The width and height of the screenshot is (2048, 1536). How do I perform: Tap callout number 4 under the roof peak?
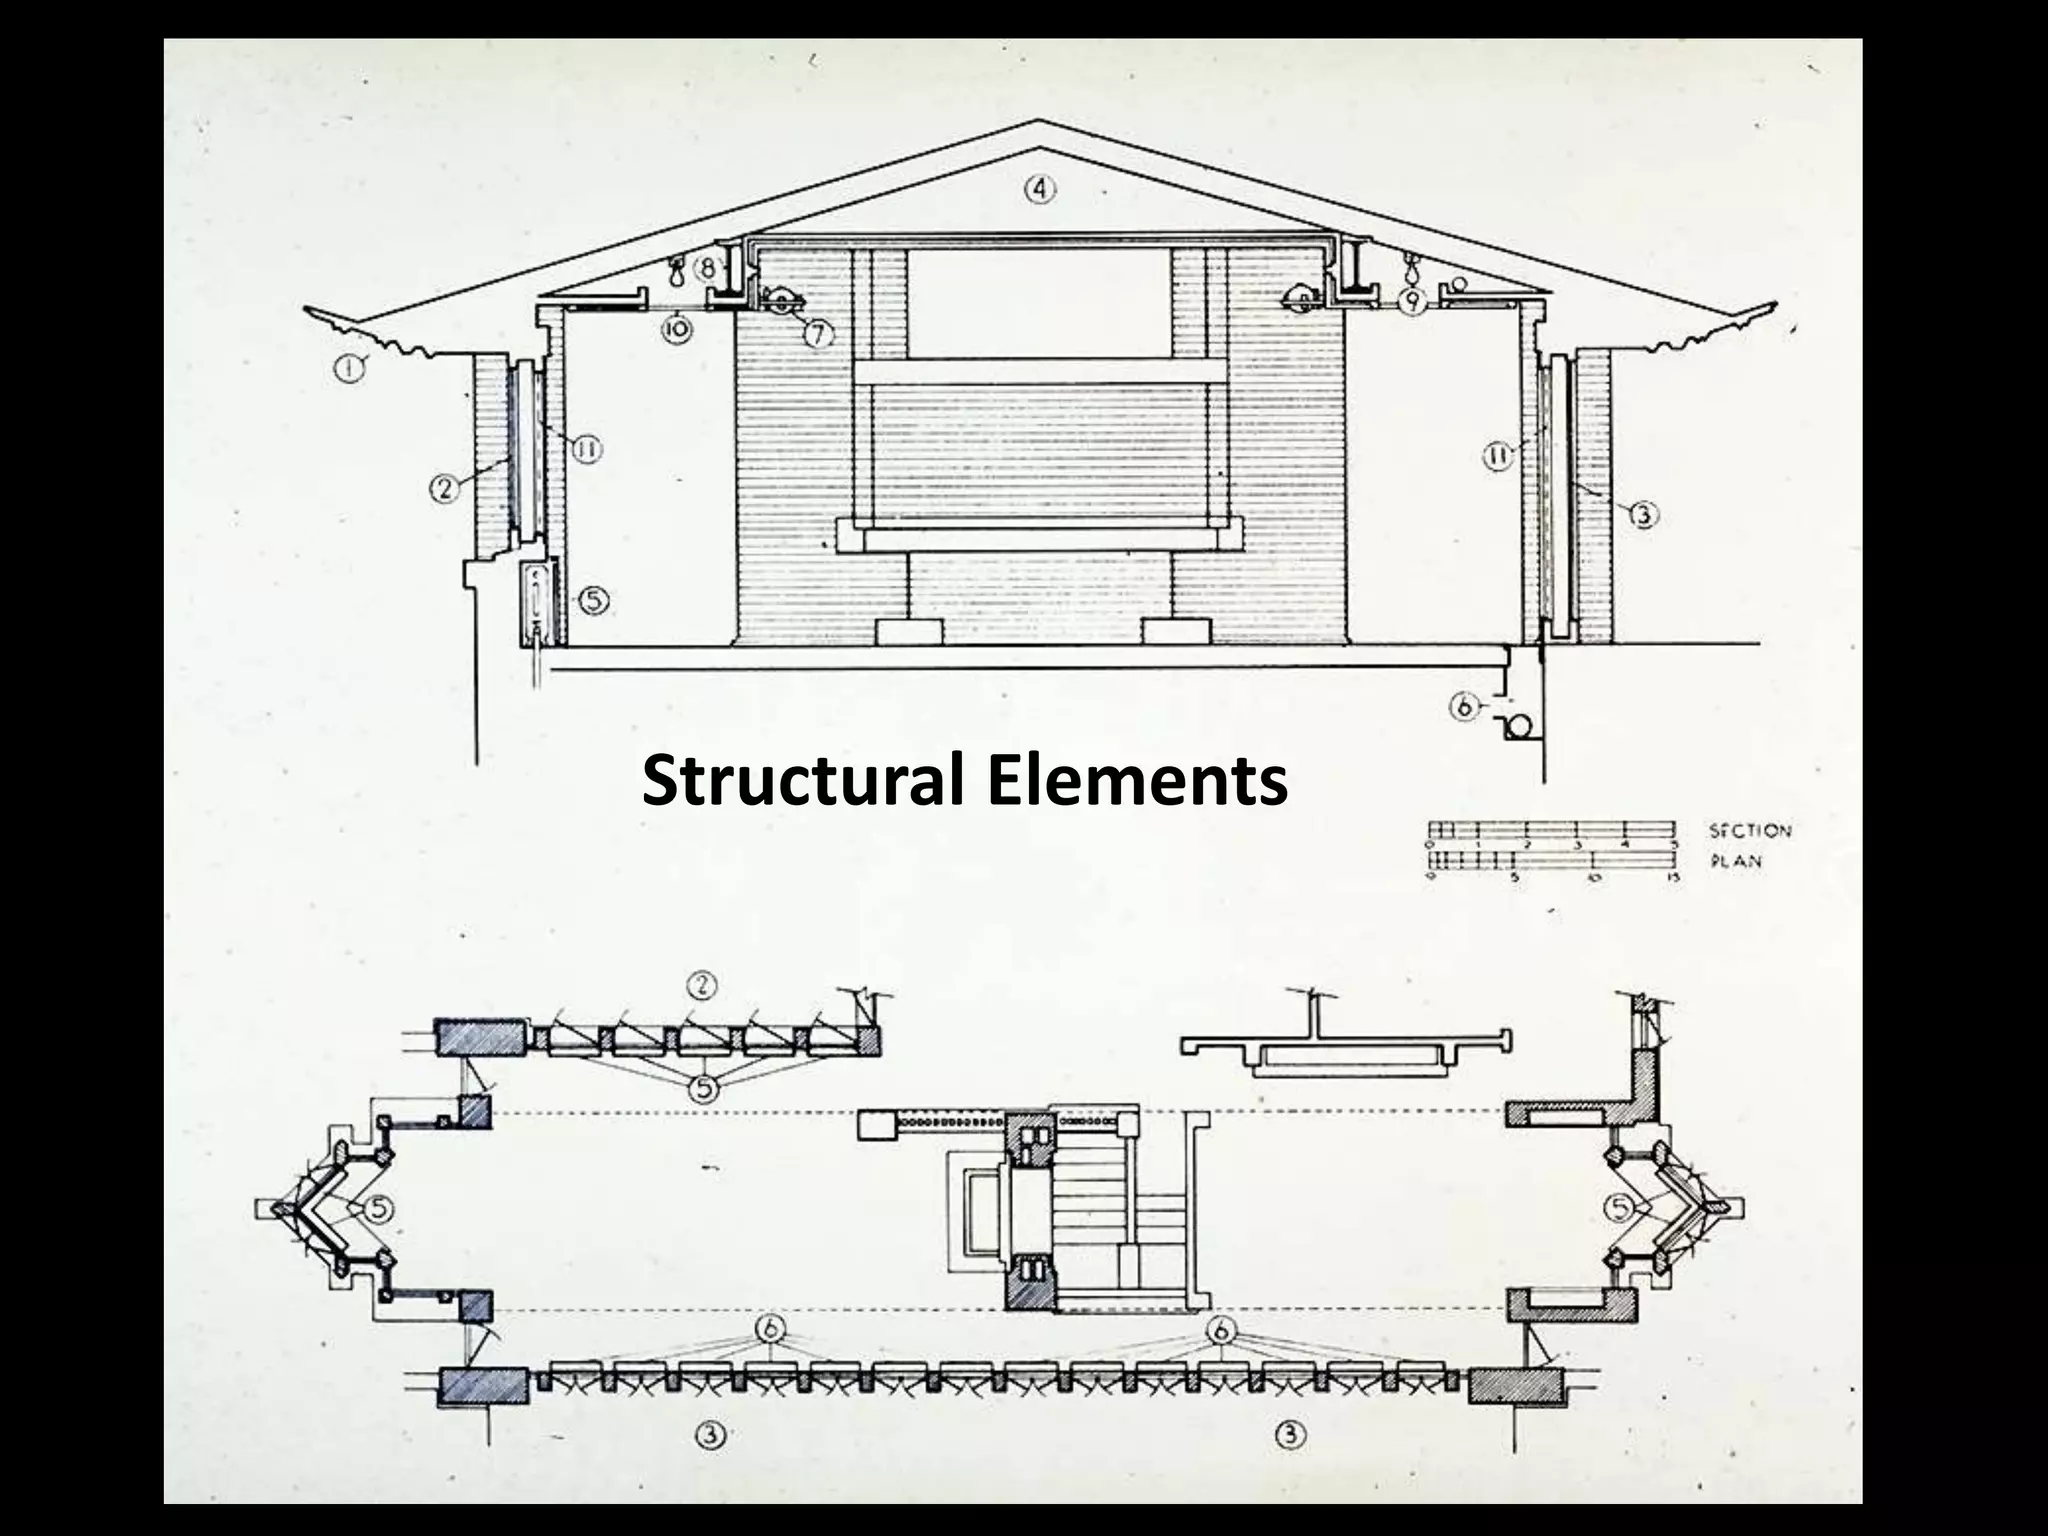tap(1041, 187)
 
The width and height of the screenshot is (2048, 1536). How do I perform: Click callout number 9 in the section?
tap(1411, 301)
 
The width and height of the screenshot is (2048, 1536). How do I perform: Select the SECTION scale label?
tap(1750, 830)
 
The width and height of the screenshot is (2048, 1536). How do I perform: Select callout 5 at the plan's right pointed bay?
tap(1618, 1208)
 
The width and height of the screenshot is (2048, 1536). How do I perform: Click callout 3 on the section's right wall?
tap(1644, 516)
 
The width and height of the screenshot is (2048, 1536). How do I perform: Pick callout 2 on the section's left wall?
tap(444, 489)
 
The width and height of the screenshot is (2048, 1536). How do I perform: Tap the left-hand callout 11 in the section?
tap(586, 451)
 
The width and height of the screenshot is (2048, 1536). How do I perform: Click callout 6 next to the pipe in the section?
tap(1464, 707)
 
